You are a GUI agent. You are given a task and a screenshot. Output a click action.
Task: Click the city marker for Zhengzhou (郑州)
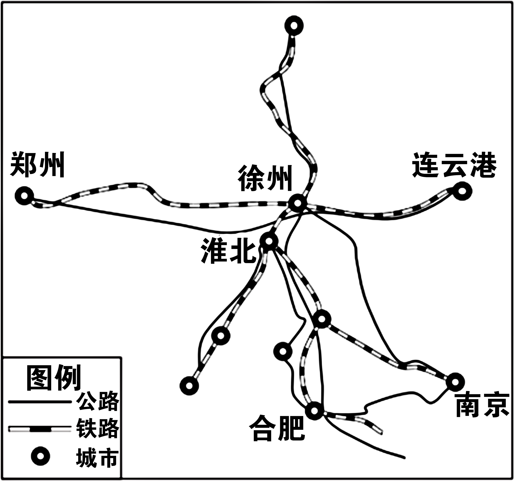24,196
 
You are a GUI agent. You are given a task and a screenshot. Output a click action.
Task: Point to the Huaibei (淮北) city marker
269,241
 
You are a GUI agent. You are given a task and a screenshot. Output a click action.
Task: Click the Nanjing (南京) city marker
455,382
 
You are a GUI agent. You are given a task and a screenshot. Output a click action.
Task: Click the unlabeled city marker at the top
294,26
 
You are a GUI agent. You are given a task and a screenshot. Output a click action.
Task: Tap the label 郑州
37,165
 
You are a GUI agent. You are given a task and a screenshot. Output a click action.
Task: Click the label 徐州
265,178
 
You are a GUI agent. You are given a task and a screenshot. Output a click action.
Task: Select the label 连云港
454,164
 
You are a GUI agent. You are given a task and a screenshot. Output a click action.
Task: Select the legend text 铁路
98,428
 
